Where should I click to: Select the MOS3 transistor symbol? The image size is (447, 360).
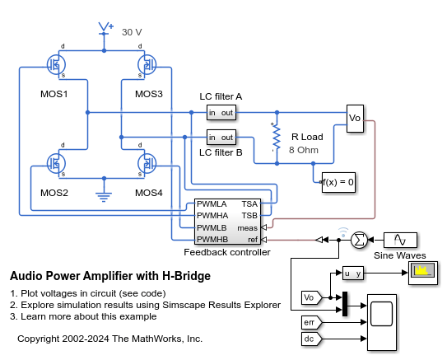(146, 63)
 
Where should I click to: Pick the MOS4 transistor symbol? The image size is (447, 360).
(146, 162)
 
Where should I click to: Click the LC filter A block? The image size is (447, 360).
(221, 112)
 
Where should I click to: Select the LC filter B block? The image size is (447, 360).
(221, 137)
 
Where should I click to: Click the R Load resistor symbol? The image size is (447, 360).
(274, 137)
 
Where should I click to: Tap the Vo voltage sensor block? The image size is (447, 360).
(355, 117)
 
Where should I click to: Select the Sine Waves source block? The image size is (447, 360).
(400, 240)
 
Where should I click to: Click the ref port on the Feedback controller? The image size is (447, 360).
(251, 239)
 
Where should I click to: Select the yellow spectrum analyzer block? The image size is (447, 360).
(422, 273)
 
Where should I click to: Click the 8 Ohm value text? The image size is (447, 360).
(303, 150)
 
